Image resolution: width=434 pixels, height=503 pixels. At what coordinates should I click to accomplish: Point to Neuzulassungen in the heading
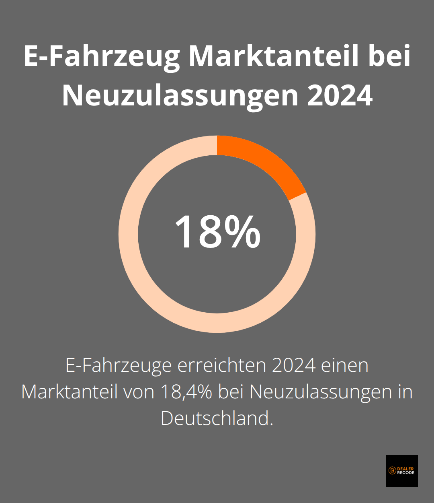tap(180, 96)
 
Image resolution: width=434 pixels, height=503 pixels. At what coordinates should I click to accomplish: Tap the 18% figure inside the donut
tap(217, 233)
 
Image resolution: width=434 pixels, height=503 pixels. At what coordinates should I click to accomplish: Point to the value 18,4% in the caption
tap(186, 392)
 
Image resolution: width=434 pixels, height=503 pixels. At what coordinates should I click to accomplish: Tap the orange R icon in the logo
tap(392, 471)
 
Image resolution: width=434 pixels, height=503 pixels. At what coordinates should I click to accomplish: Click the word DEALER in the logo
tap(405, 469)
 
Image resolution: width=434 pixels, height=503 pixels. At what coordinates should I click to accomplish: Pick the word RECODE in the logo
tap(405, 473)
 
